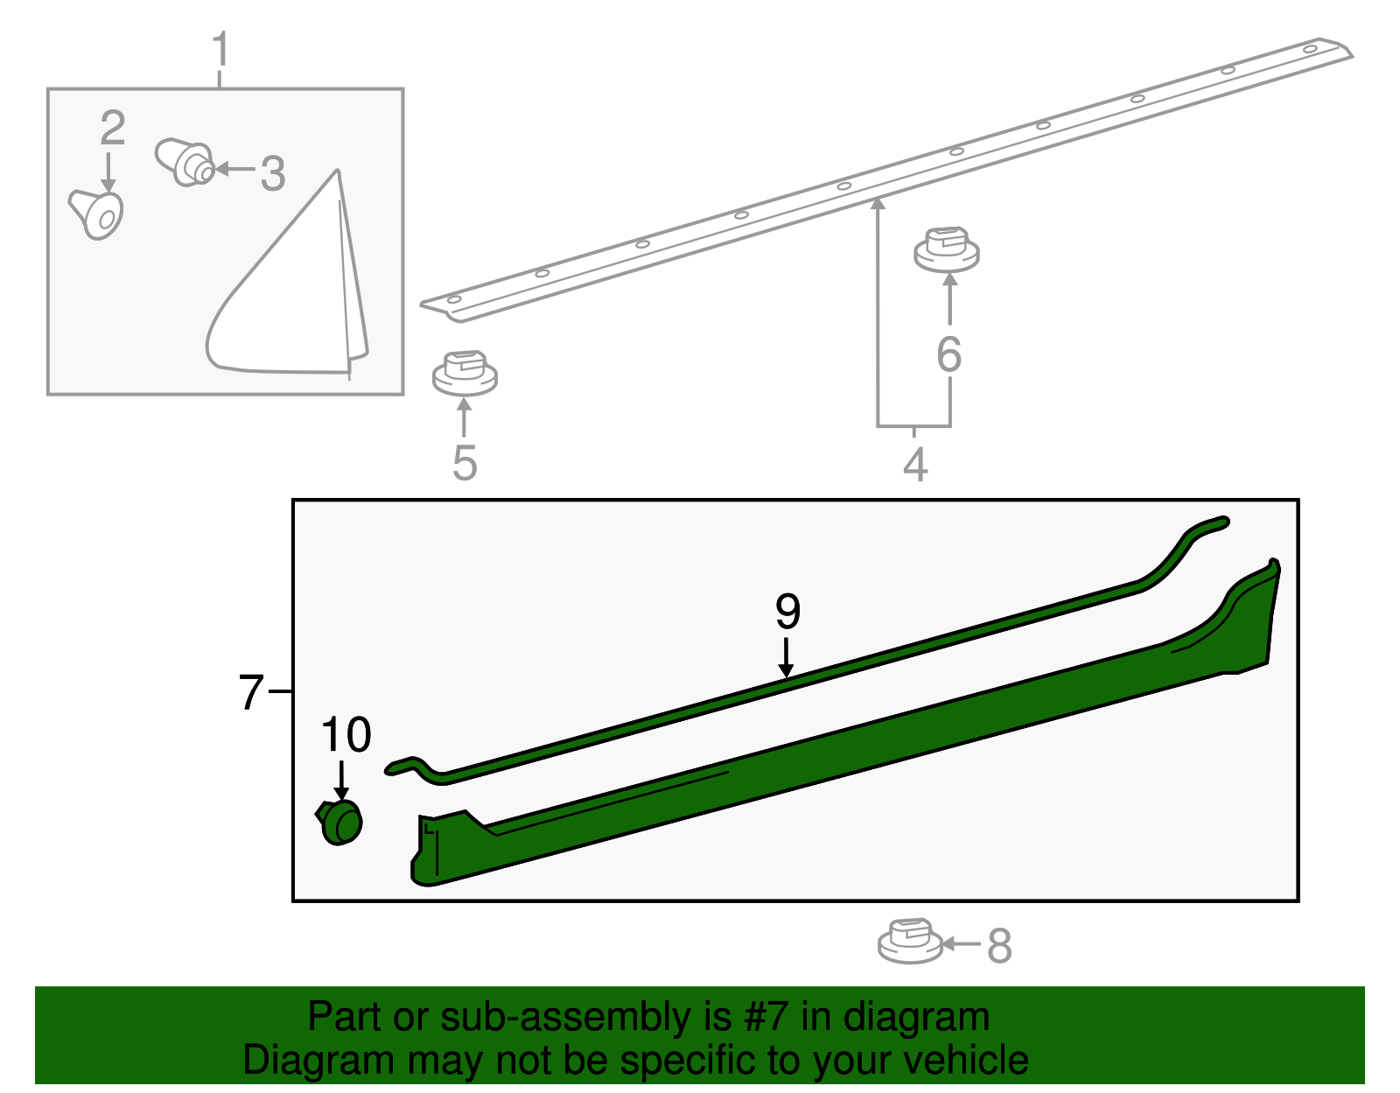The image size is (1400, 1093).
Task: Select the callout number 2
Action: tap(113, 128)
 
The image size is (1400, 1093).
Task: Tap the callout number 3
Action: tap(272, 173)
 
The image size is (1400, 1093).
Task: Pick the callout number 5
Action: tap(465, 463)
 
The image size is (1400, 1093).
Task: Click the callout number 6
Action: tap(949, 354)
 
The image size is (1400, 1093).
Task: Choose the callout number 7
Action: tap(251, 692)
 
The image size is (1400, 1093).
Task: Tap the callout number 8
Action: tap(999, 946)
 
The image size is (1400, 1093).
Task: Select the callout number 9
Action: tap(788, 612)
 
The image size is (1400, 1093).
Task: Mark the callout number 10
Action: tap(346, 735)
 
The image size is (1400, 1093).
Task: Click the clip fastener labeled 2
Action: tap(96, 214)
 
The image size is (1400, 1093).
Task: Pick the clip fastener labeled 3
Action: tap(185, 162)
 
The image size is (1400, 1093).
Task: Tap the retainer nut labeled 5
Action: tap(465, 373)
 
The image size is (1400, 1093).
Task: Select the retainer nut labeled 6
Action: tap(947, 249)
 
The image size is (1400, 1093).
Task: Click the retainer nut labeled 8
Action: tap(910, 941)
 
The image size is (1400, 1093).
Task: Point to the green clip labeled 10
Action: tap(339, 823)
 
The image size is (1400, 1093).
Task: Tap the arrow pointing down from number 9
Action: tap(786, 658)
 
